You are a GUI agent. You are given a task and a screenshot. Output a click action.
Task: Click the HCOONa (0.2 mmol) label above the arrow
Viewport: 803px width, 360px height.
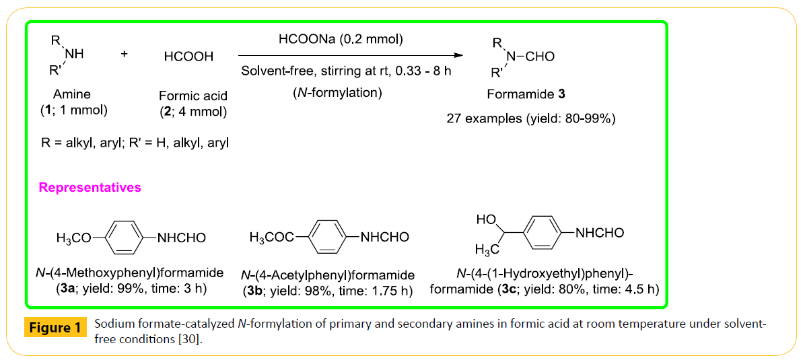(341, 40)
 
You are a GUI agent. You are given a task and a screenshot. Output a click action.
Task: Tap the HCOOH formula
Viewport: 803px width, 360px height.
(188, 57)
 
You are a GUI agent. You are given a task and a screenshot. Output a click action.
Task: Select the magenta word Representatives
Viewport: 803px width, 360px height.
(90, 188)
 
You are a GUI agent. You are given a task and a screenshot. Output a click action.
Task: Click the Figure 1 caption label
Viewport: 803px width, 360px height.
(56, 328)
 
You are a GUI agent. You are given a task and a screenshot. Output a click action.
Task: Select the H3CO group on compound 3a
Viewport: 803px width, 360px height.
(73, 238)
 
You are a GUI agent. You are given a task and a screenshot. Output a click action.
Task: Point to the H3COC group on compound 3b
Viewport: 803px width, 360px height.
(271, 238)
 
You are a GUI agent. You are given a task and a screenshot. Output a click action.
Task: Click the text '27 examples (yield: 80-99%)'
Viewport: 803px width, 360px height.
(531, 118)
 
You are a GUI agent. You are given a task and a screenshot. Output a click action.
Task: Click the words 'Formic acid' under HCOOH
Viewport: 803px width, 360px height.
(193, 96)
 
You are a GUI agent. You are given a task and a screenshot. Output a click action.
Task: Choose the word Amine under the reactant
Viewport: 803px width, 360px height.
(72, 96)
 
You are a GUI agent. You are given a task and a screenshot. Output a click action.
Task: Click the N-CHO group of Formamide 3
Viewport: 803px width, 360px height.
(530, 57)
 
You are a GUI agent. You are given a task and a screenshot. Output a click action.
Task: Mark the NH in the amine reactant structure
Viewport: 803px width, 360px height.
(74, 55)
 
